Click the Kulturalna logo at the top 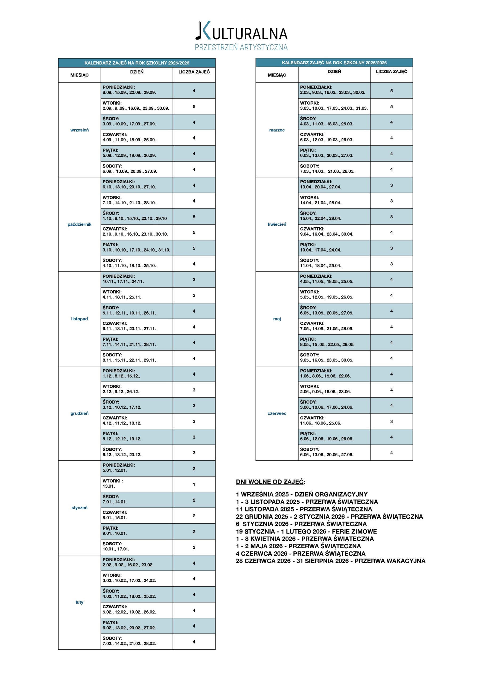pos(241,31)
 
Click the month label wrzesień pos(79,130)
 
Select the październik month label pos(79,224)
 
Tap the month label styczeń pos(79,507)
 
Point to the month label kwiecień pos(277,224)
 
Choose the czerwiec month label pos(277,413)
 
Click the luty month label pos(79,602)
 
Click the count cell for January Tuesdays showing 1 pos(194,484)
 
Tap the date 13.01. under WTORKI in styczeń pos(109,486)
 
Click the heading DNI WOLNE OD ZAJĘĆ pos(270,482)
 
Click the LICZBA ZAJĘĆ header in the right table pos(391,72)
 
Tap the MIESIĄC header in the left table pos(79,75)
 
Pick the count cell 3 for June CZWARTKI pos(391,422)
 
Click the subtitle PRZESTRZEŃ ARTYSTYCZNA pos(241,47)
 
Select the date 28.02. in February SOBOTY pos(150,644)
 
